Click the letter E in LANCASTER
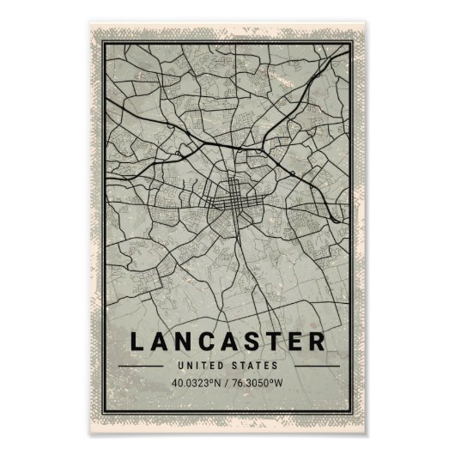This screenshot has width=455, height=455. pyautogui.click(x=297, y=340)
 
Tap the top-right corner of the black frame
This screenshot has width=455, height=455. pyautogui.click(x=352, y=46)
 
